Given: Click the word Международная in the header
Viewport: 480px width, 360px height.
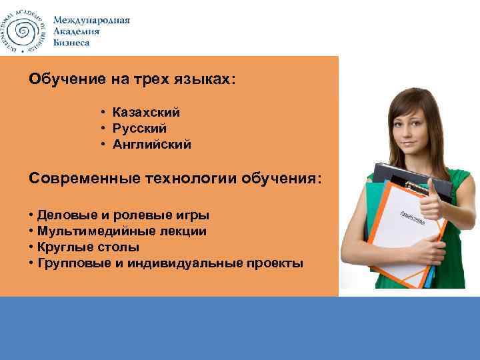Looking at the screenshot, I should click(91, 20).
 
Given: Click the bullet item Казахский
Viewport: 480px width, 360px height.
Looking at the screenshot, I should click(146, 113).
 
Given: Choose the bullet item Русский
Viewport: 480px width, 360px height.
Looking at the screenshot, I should click(139, 128).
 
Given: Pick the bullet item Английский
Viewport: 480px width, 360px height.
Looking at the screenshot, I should click(151, 143).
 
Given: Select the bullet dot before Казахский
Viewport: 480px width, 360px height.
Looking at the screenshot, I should click(105, 113).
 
